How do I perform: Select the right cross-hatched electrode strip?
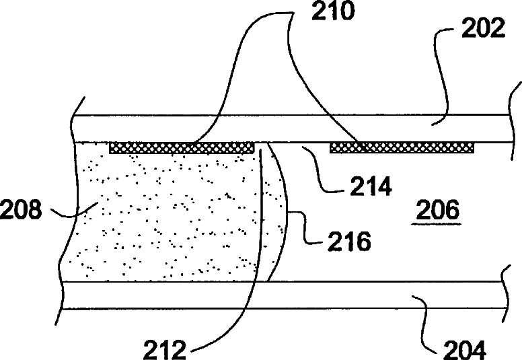pos(402,147)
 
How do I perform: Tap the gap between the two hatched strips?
pos(292,147)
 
